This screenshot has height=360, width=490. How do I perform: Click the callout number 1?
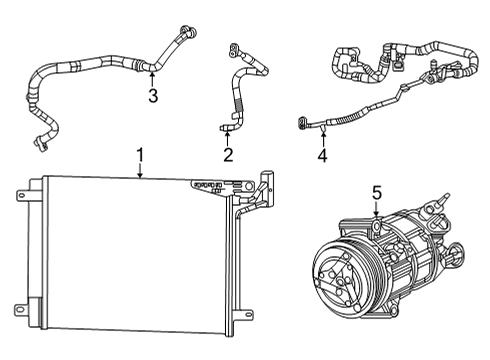pyautogui.click(x=140, y=156)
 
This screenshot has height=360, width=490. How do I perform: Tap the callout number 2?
pyautogui.click(x=228, y=154)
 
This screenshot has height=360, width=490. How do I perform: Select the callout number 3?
pyautogui.click(x=152, y=95)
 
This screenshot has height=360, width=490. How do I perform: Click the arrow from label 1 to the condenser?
pyautogui.click(x=140, y=171)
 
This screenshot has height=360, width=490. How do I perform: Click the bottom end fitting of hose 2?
pyautogui.click(x=228, y=124)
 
